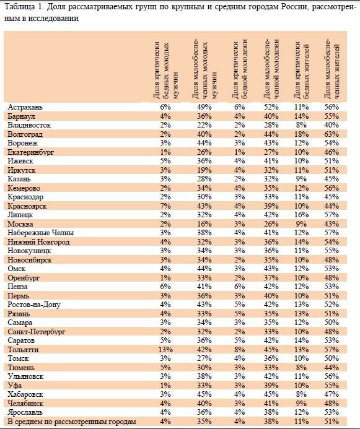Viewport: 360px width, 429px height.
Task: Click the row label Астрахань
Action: pyautogui.click(x=25, y=107)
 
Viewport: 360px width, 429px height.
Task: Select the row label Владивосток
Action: pyautogui.click(x=29, y=125)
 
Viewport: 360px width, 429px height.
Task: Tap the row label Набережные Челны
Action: pyautogui.click(x=41, y=233)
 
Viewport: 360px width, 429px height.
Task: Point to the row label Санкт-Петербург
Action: pyautogui.click(x=37, y=332)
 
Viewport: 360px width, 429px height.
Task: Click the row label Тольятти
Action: pyautogui.click(x=23, y=350)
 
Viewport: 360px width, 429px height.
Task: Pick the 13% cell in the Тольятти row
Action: pyautogui.click(x=165, y=350)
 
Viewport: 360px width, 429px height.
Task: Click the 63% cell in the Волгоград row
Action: pyautogui.click(x=331, y=134)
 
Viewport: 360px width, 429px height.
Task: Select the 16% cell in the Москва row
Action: pyautogui.click(x=204, y=224)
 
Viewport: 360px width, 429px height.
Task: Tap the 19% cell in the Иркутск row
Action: pyautogui.click(x=204, y=170)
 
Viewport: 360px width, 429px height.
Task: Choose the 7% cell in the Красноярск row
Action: pyautogui.click(x=165, y=206)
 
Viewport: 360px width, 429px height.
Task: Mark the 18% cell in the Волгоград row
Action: pyautogui.click(x=301, y=134)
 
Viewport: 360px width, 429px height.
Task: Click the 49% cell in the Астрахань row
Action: pyautogui.click(x=204, y=107)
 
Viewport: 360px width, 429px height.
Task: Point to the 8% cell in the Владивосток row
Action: pyautogui.click(x=301, y=125)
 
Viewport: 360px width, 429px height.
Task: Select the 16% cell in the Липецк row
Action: pyautogui.click(x=301, y=215)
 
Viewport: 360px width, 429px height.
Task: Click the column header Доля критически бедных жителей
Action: pyautogui.click(x=301, y=70)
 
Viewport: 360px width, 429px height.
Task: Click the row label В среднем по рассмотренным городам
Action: pyautogui.click(x=72, y=422)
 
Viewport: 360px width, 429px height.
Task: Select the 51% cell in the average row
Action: pyautogui.click(x=331, y=422)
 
